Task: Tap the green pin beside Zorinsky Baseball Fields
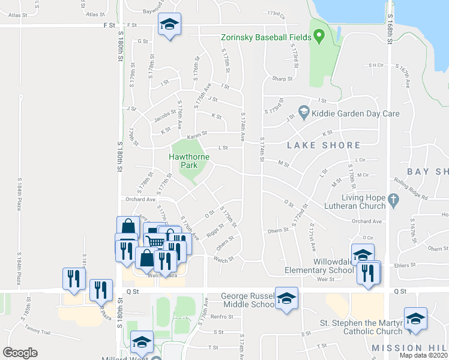point(319,37)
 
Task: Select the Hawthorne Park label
point(189,161)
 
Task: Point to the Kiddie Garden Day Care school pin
point(304,112)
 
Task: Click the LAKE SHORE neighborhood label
point(324,145)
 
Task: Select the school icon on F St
point(169,25)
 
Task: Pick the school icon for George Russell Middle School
point(286,298)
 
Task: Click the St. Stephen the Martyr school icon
point(415,319)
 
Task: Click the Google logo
point(20,353)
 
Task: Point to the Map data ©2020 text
point(424,355)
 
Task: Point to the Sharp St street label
point(282,79)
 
